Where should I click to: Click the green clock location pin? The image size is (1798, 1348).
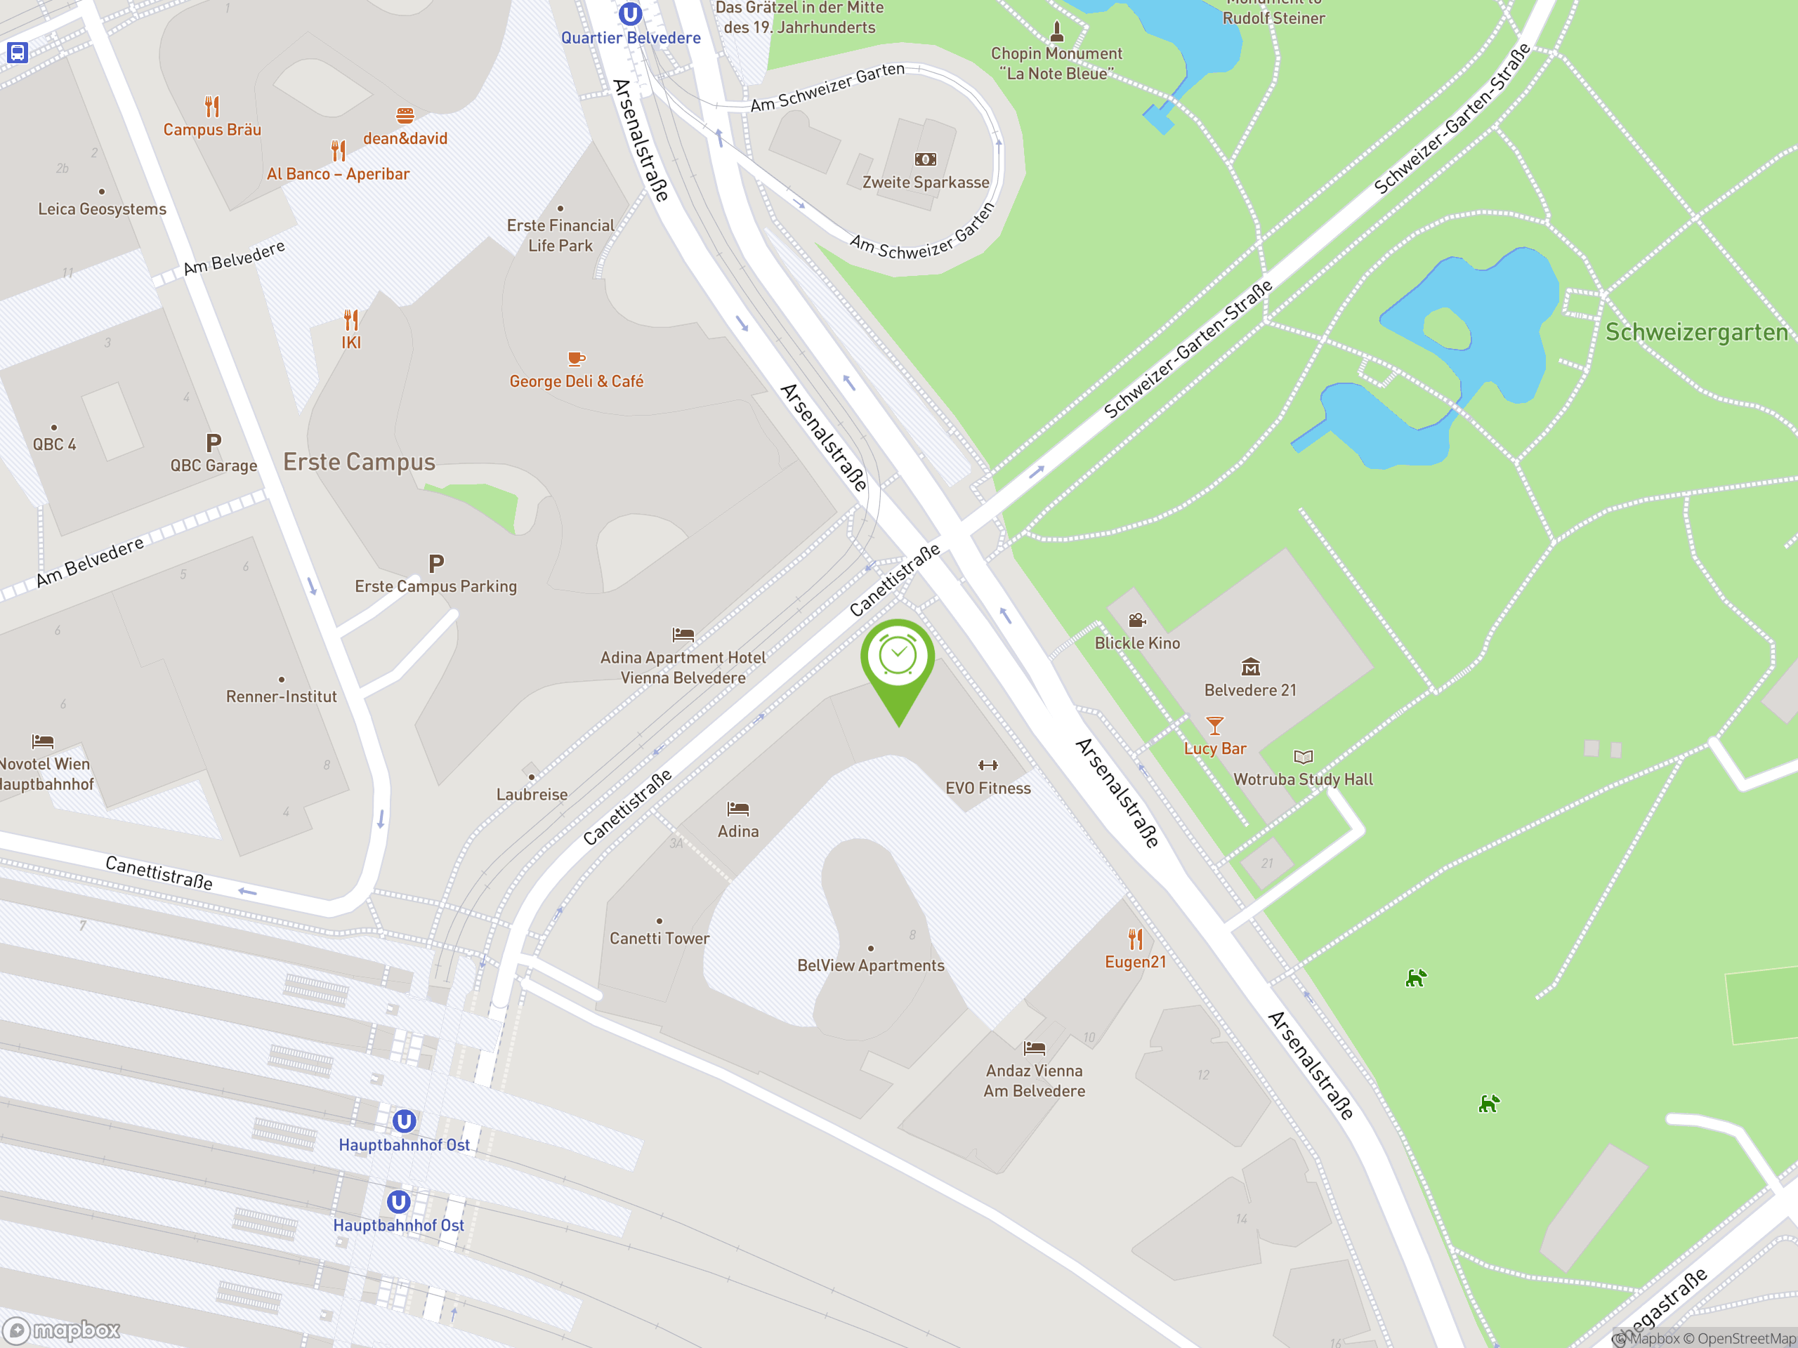tap(898, 657)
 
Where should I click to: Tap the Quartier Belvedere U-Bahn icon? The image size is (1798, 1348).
tap(630, 14)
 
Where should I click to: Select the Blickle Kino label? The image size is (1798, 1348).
tap(1136, 642)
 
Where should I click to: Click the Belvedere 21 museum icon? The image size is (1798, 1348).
tap(1250, 667)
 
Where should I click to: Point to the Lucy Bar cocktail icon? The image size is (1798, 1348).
tap(1214, 725)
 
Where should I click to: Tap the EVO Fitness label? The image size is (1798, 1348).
tap(987, 788)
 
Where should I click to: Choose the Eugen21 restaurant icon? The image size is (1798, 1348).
tap(1136, 939)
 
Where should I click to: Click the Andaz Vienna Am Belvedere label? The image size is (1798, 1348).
tap(1034, 1081)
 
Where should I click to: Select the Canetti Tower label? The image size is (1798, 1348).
tap(660, 939)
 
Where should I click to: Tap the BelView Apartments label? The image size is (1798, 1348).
tap(870, 965)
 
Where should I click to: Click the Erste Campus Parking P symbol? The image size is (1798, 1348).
tap(436, 564)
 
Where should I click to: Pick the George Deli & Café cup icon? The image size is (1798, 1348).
tap(577, 358)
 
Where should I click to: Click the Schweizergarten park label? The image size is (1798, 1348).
tap(1696, 332)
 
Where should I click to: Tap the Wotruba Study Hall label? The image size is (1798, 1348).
tap(1303, 779)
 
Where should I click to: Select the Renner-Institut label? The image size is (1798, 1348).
tap(281, 696)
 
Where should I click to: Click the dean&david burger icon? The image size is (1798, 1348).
tap(405, 115)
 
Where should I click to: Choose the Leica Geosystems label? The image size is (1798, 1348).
tap(103, 209)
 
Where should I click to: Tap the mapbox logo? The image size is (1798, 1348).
tap(62, 1330)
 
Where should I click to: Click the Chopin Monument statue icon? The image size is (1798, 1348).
tap(1057, 31)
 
